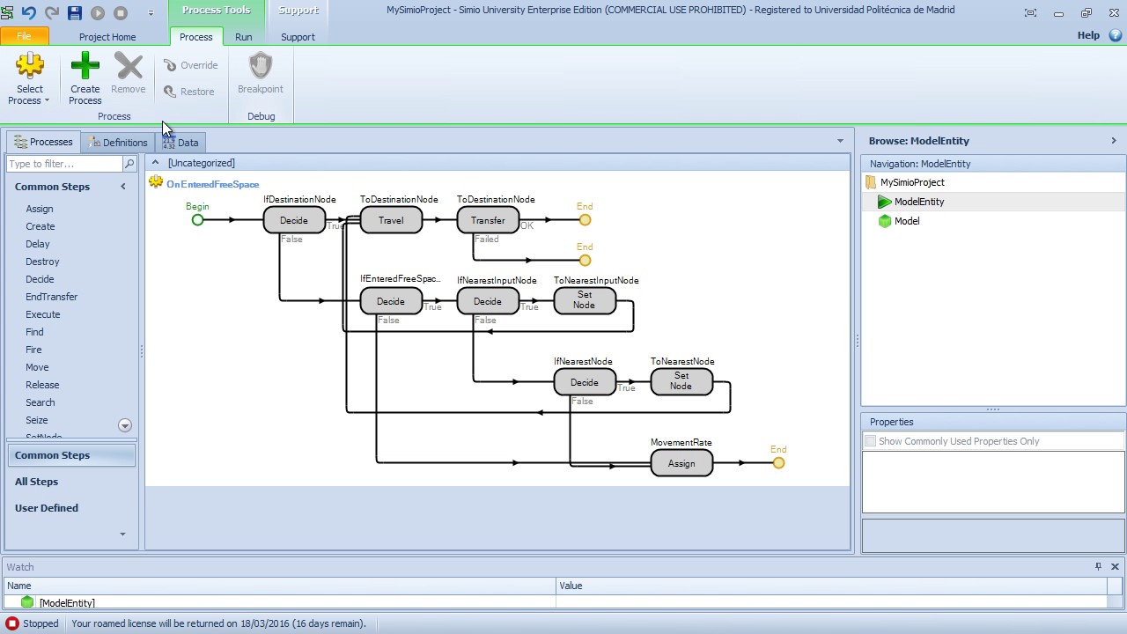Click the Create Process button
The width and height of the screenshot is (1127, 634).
click(x=85, y=77)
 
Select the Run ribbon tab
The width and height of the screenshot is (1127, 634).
click(x=243, y=37)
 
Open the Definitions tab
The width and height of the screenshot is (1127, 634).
click(x=118, y=143)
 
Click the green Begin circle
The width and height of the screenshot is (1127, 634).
click(x=197, y=220)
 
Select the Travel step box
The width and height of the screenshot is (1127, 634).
click(x=391, y=220)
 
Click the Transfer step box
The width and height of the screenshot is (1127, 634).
click(x=488, y=220)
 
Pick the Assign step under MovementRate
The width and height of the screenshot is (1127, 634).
click(x=681, y=463)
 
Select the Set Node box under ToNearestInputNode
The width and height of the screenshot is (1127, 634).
click(x=585, y=301)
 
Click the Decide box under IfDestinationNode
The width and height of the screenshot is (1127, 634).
click(x=294, y=220)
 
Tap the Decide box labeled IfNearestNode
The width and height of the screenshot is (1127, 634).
click(x=585, y=382)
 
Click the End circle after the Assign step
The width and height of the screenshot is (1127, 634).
click(x=778, y=463)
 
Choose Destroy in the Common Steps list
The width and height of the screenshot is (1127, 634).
click(x=42, y=262)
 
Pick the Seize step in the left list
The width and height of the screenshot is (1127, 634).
click(x=37, y=420)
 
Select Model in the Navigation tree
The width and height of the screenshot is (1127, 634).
click(x=906, y=221)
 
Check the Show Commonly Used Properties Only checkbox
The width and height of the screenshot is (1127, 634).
click(x=870, y=441)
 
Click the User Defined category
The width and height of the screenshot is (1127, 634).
click(x=47, y=508)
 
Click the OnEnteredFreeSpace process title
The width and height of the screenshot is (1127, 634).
click(x=212, y=184)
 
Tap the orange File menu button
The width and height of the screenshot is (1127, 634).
click(x=24, y=37)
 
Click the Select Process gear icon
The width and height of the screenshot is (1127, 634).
click(x=30, y=67)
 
